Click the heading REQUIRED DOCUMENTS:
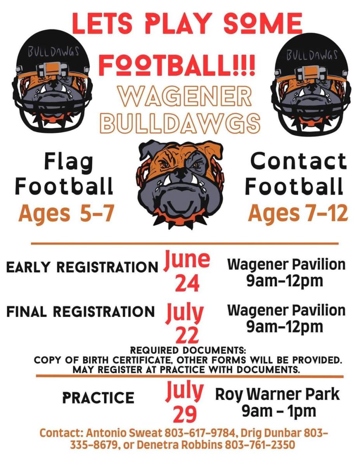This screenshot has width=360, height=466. click(188, 350)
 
